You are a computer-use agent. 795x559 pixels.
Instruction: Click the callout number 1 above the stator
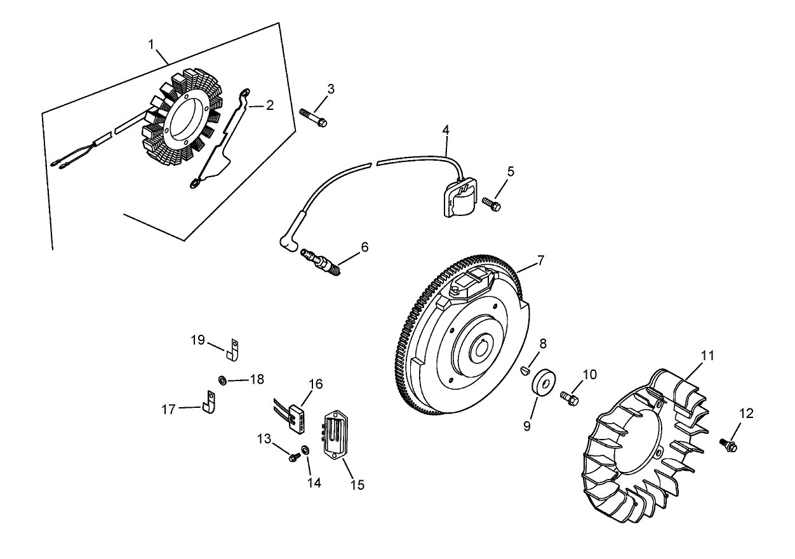click(151, 44)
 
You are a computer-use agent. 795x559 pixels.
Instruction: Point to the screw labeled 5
click(491, 203)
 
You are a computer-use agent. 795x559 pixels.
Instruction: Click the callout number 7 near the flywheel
click(540, 260)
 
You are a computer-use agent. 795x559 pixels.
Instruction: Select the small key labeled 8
click(524, 371)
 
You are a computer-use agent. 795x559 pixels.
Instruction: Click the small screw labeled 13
click(293, 457)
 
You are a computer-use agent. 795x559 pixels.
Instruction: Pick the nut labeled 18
click(223, 381)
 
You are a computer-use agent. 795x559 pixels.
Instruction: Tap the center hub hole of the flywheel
click(479, 349)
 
